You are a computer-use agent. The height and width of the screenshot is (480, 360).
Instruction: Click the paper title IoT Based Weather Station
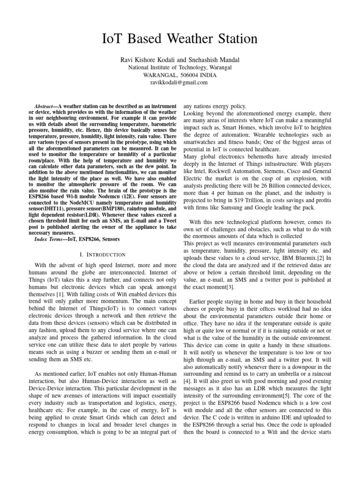tap(180, 38)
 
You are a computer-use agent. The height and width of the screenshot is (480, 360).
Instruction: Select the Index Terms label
tap(51, 239)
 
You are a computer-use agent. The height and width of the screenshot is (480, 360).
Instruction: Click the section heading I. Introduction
tap(103, 255)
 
